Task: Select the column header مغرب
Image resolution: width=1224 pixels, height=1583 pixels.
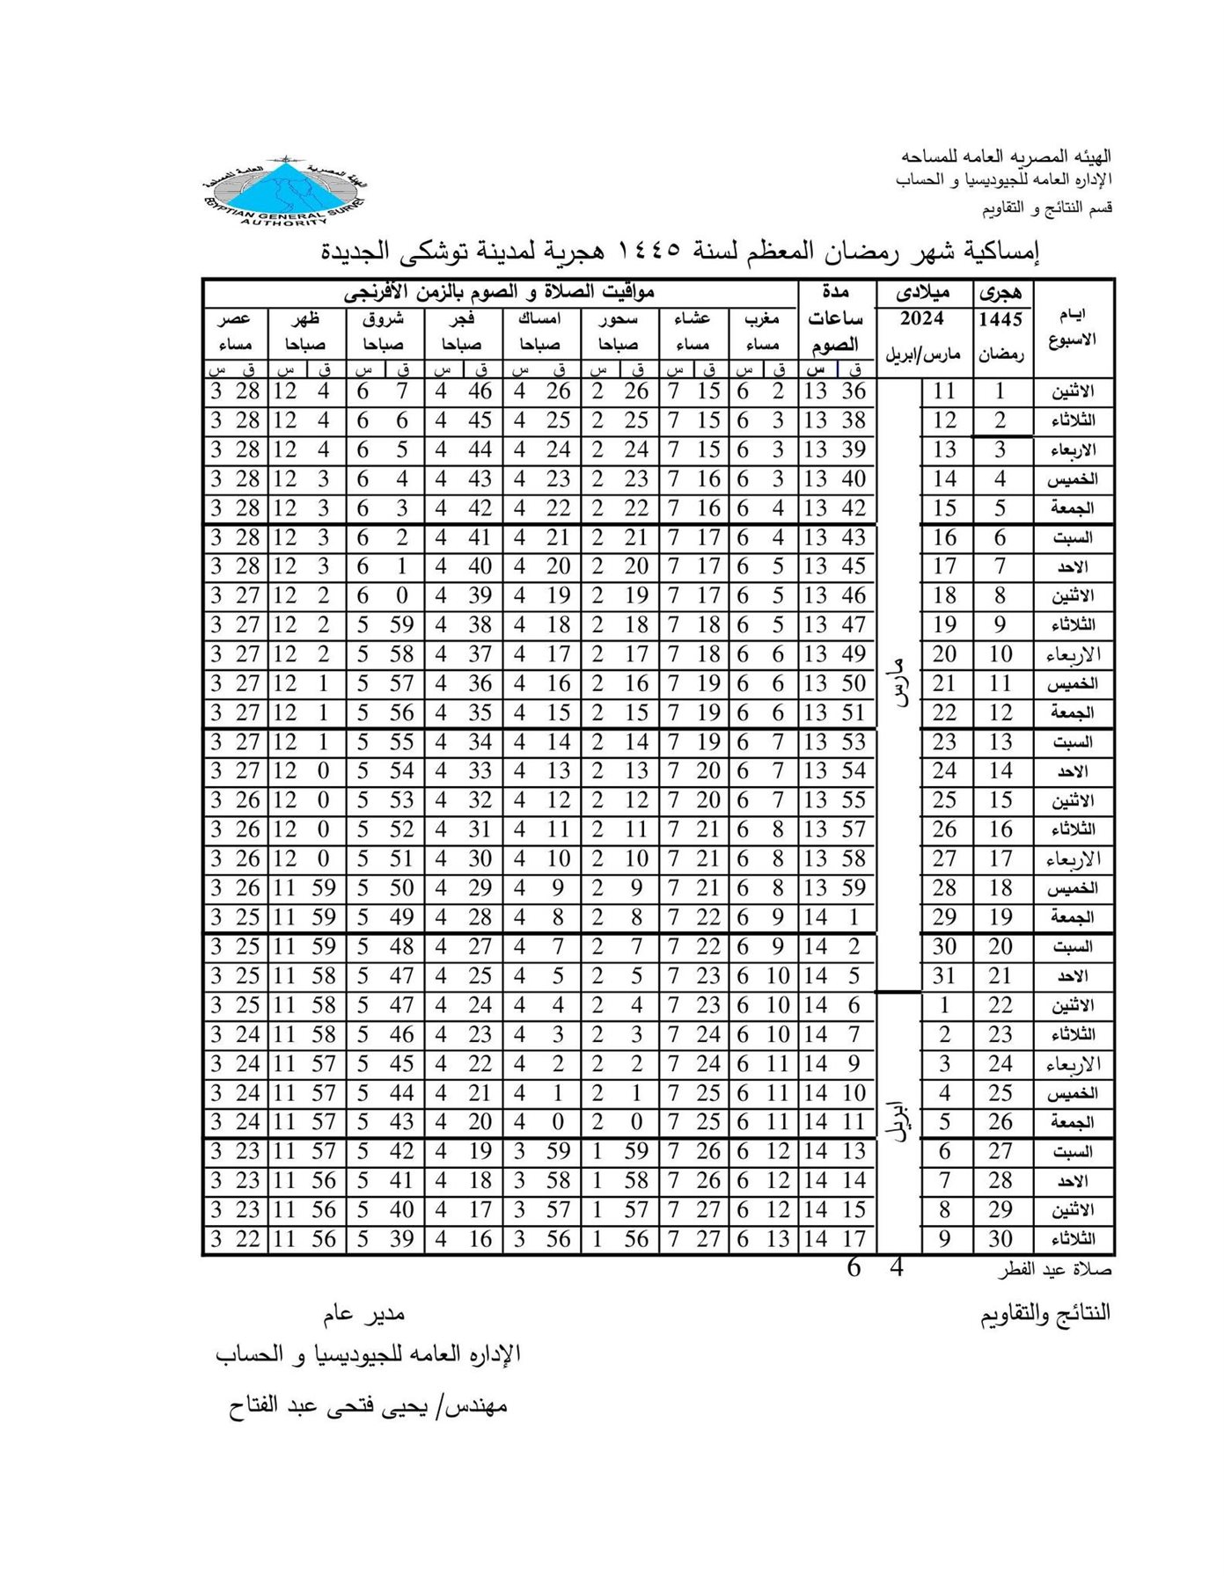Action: tap(761, 318)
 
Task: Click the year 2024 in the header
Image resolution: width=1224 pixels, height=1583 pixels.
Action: tap(922, 318)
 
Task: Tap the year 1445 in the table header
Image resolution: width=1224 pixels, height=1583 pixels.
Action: tap(1000, 319)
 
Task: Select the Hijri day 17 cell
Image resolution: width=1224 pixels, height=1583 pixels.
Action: tap(1000, 858)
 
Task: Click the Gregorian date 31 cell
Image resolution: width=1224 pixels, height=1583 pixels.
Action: tap(944, 975)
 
